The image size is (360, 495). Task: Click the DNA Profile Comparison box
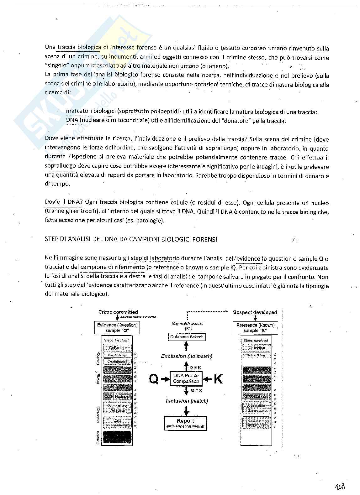coord(186,378)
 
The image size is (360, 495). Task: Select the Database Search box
coord(187,337)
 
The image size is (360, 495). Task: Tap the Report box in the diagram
coord(185,423)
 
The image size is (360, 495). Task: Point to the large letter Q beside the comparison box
coord(154,379)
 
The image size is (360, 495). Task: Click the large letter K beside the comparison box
coord(218,379)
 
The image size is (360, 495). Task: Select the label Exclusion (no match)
coord(187,356)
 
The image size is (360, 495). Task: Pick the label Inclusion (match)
coord(187,401)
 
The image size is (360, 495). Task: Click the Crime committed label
coord(118,312)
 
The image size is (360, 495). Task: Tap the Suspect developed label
coord(255,312)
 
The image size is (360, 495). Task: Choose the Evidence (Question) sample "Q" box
coord(117,328)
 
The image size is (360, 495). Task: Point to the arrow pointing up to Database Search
coord(187,346)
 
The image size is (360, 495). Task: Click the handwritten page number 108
coord(340,486)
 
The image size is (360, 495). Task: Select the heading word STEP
coord(51,239)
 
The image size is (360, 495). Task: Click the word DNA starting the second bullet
coord(71,120)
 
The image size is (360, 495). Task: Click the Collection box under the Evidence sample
coord(117,347)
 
